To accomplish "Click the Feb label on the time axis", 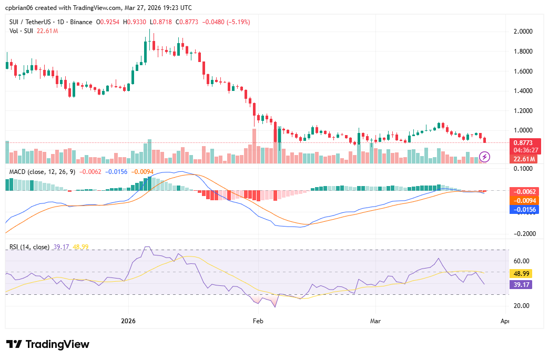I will [x=258, y=320].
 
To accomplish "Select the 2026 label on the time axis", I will [x=129, y=320].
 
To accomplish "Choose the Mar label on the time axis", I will [x=375, y=320].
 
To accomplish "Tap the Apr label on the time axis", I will [x=505, y=320].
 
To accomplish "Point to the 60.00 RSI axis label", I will [x=521, y=261].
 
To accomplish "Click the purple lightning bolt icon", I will [x=485, y=157].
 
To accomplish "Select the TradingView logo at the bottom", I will [x=48, y=344].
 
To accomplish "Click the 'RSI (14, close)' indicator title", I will [x=29, y=247].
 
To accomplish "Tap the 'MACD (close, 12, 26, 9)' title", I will [x=40, y=172].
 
